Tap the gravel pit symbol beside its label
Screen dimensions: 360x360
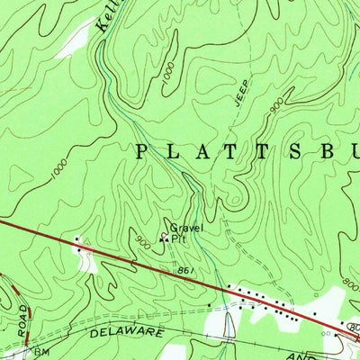tap(163, 238)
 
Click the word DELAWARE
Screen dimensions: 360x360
tap(129, 333)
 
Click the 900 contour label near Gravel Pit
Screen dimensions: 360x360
tap(142, 241)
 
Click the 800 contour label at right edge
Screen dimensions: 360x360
tap(351, 286)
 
